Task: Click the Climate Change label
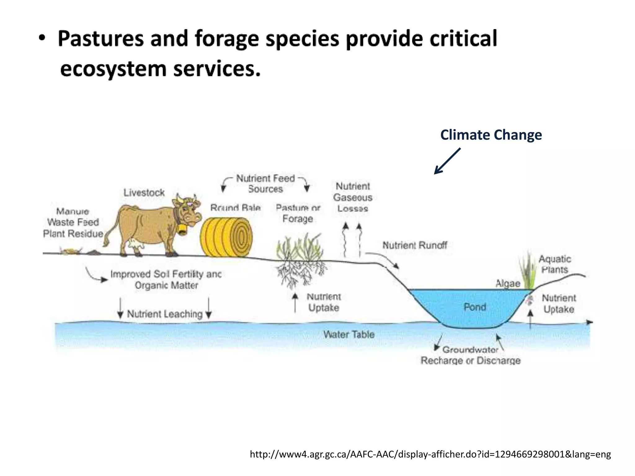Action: [491, 135]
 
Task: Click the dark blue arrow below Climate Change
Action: [447, 161]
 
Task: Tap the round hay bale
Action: [226, 237]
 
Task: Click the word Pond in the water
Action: [475, 307]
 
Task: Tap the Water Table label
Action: [349, 334]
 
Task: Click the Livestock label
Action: [144, 193]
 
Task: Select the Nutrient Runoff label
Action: [415, 245]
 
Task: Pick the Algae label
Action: [508, 283]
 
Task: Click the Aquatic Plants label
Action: [555, 264]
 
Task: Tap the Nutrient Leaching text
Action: [165, 314]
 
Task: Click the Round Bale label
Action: [235, 207]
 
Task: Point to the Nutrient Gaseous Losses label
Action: [353, 197]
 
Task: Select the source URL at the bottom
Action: [430, 454]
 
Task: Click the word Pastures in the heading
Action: [100, 38]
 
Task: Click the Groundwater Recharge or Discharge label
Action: [470, 355]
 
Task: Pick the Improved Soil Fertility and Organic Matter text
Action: [166, 280]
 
